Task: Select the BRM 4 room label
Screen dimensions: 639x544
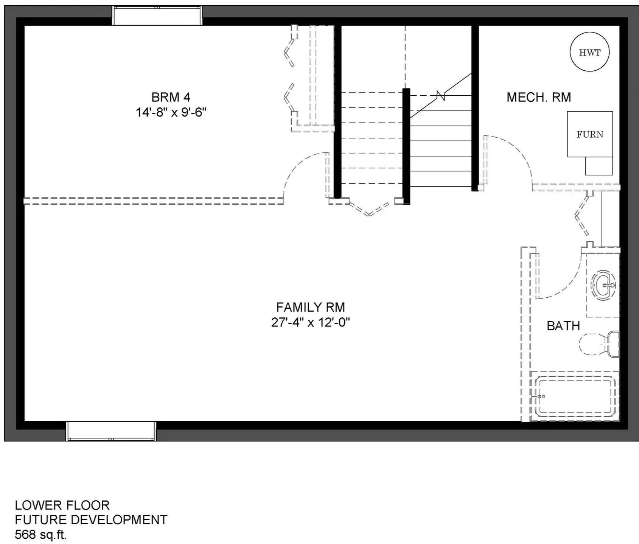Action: pos(171,97)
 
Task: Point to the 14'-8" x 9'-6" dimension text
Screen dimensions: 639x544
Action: pos(171,112)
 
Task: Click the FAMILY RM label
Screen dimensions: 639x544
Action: pos(311,307)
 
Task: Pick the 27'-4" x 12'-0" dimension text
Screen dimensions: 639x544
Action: pos(311,322)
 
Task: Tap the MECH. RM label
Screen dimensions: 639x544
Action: pos(539,97)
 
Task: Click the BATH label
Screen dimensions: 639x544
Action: pos(563,326)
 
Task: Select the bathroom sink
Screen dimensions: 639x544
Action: pos(604,285)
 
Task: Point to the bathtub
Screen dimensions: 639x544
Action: pos(574,396)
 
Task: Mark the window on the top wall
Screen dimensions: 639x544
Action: pos(157,16)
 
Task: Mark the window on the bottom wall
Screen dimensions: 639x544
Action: pos(111,431)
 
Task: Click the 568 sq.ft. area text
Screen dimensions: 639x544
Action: pos(40,535)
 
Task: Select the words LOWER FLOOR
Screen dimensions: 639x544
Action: pos(62,505)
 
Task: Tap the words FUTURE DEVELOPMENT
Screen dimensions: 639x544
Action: pos(91,520)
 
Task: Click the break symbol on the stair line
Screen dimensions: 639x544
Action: pos(441,96)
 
